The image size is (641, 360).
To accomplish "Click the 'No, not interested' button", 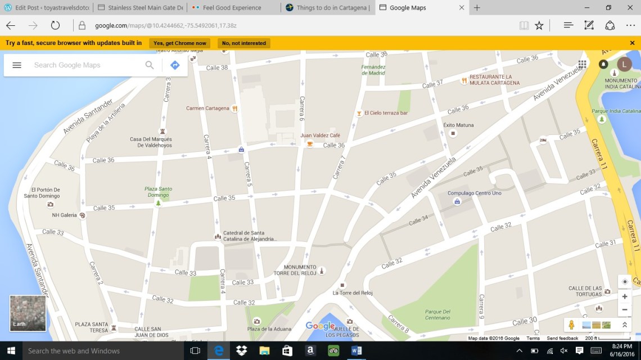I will [x=244, y=43].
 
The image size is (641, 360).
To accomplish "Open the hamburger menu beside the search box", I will [x=17, y=65].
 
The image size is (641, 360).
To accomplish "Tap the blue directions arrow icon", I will [x=175, y=65].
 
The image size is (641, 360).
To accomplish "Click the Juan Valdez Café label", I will [x=320, y=136].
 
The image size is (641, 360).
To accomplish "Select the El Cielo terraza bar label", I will [x=386, y=113].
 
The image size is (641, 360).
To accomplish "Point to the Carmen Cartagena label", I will [x=207, y=109].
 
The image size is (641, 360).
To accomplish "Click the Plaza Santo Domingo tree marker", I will [x=158, y=202].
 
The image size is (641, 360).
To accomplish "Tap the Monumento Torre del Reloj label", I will [x=300, y=270].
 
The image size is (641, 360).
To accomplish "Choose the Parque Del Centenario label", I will [x=438, y=314].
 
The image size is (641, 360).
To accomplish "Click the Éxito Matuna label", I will [x=458, y=125].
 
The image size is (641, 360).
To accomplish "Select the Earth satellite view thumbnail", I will [x=28, y=313].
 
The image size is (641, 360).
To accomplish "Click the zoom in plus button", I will [x=624, y=296].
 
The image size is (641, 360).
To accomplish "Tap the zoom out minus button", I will [x=624, y=310].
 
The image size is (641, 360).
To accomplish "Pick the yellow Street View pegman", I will [x=571, y=325].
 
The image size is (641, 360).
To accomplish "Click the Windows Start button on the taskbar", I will [x=11, y=351].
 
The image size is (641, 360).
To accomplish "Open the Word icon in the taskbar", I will [x=356, y=351].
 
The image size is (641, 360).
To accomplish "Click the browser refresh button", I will [x=55, y=25].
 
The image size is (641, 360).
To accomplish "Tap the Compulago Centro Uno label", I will [x=474, y=193].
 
